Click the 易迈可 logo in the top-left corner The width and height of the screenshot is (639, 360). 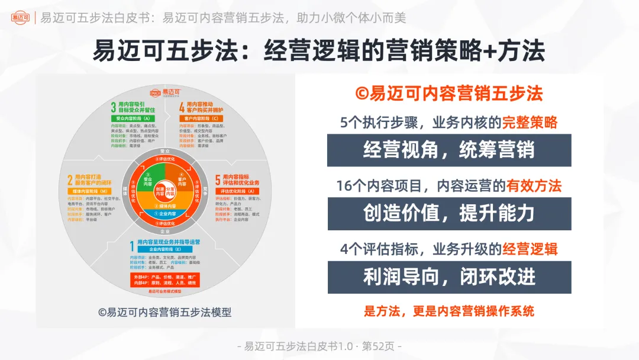pyautogui.click(x=21, y=17)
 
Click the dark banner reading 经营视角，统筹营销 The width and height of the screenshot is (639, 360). pyautogui.click(x=449, y=150)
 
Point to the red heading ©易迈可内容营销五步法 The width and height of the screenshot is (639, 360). pyautogui.click(x=448, y=94)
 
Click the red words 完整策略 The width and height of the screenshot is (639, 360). pyautogui.click(x=530, y=123)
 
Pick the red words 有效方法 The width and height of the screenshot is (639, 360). pyautogui.click(x=534, y=186)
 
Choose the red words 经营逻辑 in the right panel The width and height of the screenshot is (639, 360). pyautogui.click(x=530, y=249)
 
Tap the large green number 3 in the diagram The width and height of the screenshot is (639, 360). pyautogui.click(x=113, y=107)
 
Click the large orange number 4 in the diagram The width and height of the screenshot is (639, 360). pyautogui.click(x=182, y=107)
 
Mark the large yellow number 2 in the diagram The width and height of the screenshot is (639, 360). pyautogui.click(x=70, y=179)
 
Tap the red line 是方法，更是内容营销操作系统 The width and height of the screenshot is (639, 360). pyautogui.click(x=448, y=310)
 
